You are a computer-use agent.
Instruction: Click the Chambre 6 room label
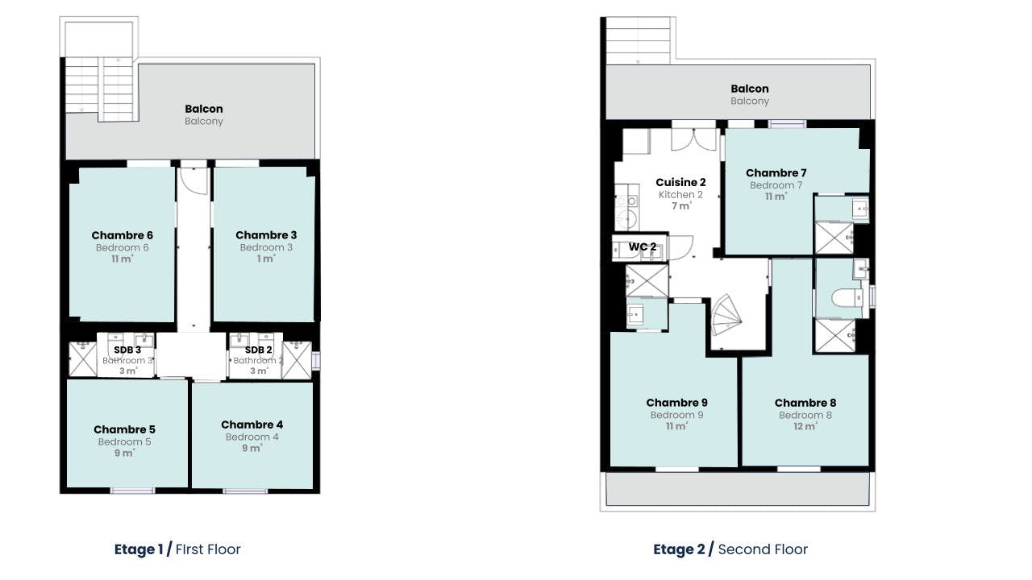[x=122, y=235]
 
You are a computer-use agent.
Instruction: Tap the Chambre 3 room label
[x=266, y=234]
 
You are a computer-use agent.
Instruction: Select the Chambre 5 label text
[x=124, y=429]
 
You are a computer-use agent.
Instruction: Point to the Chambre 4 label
[x=252, y=425]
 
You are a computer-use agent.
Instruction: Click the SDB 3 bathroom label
[x=127, y=350]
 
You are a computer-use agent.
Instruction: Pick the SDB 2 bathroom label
[x=259, y=350]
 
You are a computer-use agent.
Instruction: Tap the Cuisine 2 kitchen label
[x=681, y=182]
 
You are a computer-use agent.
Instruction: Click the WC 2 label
[x=643, y=246]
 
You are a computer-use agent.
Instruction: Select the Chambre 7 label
[x=776, y=173]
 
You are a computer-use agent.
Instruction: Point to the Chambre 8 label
[x=805, y=403]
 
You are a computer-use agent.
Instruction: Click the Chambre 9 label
[x=676, y=403]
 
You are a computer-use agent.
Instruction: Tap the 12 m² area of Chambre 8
[x=805, y=426]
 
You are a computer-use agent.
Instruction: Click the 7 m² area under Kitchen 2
[x=681, y=205]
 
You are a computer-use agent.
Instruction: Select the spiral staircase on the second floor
[x=726, y=315]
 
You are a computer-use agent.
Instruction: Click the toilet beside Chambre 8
[x=847, y=298]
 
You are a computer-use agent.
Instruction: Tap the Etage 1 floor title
[x=139, y=549]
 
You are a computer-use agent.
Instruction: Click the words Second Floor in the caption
[x=763, y=549]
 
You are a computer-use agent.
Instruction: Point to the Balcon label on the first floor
[x=204, y=109]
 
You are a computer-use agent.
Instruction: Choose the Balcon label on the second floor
[x=750, y=89]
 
